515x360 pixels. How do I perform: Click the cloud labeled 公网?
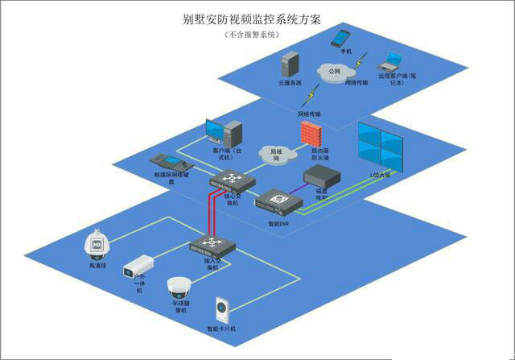click(x=335, y=71)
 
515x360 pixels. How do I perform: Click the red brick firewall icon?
click(x=309, y=134)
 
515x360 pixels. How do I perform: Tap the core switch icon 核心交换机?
click(x=232, y=180)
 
